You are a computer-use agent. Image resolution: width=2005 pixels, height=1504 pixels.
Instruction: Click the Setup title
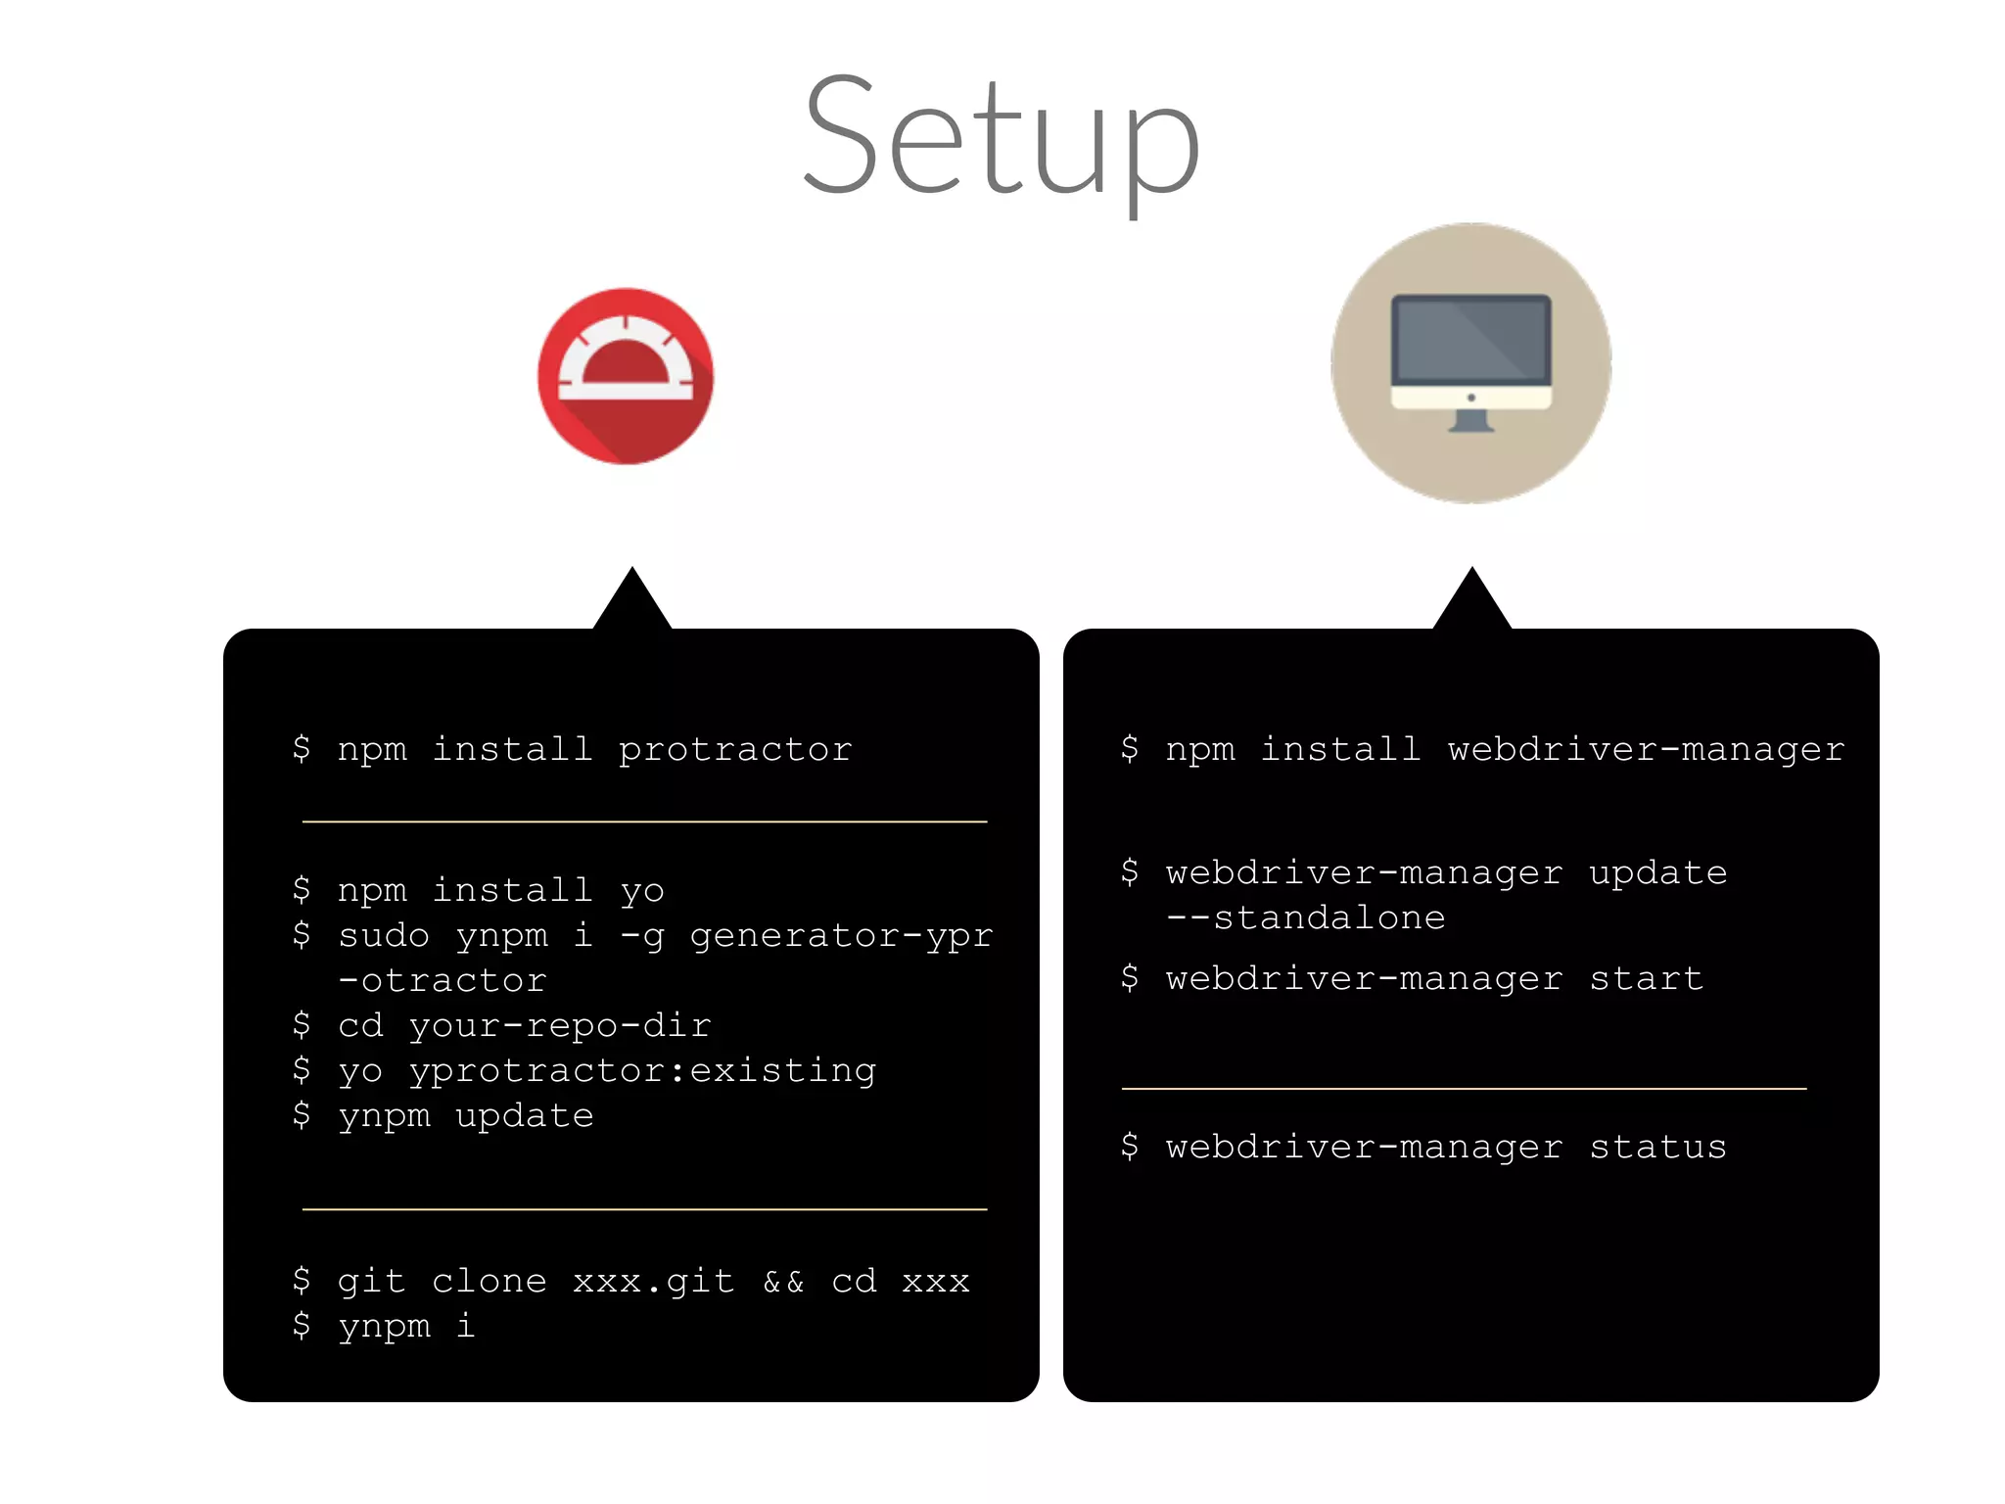point(1001,137)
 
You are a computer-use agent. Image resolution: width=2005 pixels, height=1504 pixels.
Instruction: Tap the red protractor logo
point(626,376)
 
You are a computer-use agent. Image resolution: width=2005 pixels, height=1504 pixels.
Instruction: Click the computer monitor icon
point(1470,363)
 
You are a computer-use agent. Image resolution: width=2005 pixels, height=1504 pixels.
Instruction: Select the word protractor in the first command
point(735,750)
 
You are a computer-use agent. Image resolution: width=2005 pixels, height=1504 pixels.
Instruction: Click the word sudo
point(384,936)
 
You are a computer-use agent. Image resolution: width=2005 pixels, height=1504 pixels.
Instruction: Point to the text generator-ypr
point(842,936)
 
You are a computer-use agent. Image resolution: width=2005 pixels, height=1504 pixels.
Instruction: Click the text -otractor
point(443,981)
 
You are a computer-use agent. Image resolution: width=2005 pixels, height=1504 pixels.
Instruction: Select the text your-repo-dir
point(560,1026)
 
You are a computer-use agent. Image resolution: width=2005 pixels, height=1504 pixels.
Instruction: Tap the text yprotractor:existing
point(642,1071)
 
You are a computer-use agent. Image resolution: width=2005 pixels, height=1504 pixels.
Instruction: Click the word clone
point(490,1282)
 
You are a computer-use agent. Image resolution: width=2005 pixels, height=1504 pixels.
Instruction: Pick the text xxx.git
point(654,1282)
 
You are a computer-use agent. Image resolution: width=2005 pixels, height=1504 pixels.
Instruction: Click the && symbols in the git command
point(783,1282)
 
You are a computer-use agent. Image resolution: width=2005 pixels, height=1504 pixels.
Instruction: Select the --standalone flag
point(1306,918)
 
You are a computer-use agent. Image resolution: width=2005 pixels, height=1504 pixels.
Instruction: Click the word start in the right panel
point(1647,979)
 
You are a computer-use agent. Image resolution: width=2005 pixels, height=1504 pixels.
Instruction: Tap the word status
point(1658,1148)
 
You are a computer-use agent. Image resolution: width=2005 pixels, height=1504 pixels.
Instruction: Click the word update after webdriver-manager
point(1658,873)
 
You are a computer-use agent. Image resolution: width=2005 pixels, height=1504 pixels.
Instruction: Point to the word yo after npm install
point(642,891)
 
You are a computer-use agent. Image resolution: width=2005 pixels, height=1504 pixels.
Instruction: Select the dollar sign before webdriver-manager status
point(1130,1146)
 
